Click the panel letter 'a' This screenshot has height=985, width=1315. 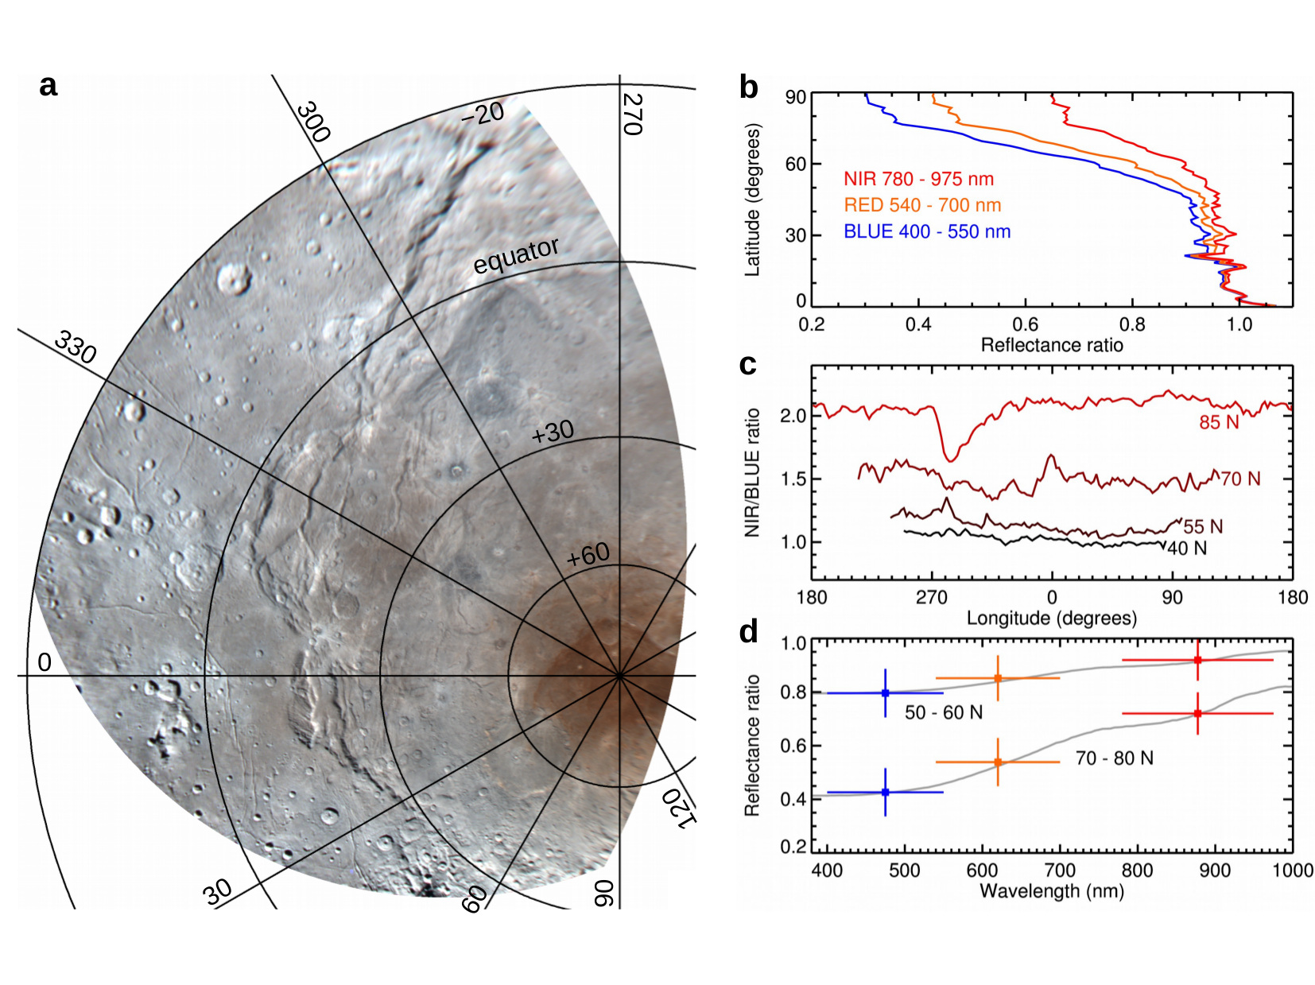(48, 86)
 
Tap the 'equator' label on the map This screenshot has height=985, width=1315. (516, 256)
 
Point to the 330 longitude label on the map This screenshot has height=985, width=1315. (76, 348)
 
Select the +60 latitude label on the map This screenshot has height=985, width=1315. (588, 555)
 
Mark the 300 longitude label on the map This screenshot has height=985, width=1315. (312, 122)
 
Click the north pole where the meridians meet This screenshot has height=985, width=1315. (619, 676)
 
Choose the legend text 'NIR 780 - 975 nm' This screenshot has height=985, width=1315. (918, 179)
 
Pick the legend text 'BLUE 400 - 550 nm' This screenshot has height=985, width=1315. (927, 231)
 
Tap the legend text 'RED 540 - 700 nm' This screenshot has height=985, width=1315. (922, 205)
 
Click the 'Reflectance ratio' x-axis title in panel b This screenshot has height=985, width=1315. (1051, 345)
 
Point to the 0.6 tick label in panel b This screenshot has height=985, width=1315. (1025, 324)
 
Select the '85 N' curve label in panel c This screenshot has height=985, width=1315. (1219, 423)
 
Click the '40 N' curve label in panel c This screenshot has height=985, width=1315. (1186, 548)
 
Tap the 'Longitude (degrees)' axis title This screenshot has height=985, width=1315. (1051, 618)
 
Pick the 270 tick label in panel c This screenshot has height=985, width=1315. (931, 598)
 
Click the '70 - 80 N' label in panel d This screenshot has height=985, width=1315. (1114, 758)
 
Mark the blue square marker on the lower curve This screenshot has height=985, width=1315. (885, 792)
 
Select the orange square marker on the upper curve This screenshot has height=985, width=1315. (998, 678)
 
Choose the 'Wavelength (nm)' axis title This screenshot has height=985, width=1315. (1051, 891)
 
